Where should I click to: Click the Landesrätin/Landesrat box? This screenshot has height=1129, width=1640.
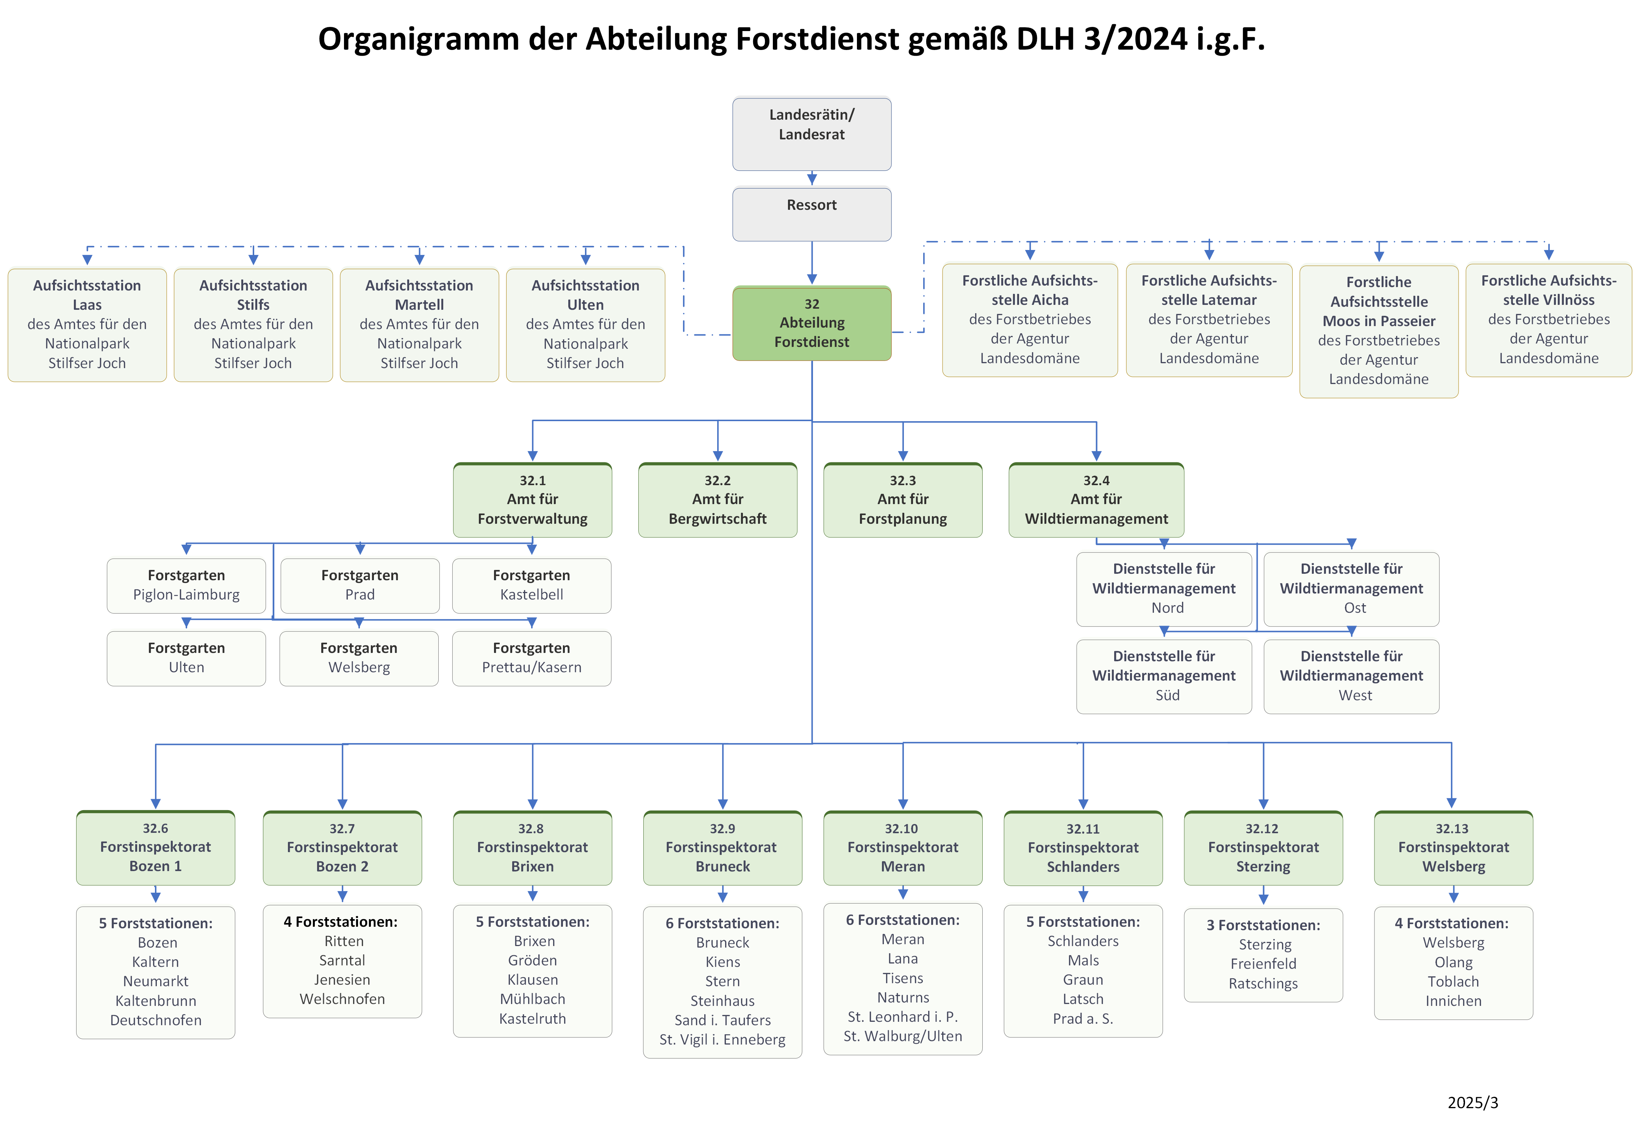click(811, 134)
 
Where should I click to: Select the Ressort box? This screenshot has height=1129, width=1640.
click(811, 214)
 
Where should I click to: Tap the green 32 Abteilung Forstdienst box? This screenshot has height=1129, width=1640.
click(811, 323)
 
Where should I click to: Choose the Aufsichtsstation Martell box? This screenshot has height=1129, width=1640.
click(419, 325)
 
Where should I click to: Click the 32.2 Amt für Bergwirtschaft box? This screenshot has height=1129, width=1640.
click(718, 500)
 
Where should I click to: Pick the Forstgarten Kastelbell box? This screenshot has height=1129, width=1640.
click(532, 585)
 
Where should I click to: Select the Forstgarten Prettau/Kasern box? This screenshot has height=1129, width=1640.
click(532, 658)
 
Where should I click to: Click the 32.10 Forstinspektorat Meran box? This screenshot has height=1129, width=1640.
click(903, 848)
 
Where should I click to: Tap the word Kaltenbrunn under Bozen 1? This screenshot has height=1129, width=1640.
click(156, 1000)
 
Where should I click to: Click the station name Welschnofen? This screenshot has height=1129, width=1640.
click(342, 999)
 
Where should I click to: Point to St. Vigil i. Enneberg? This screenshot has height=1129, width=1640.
click(722, 1039)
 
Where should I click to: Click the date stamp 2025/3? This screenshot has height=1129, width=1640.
click(1472, 1102)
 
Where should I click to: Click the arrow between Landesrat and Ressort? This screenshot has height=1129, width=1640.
click(811, 178)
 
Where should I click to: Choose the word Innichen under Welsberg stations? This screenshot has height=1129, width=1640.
click(1453, 1000)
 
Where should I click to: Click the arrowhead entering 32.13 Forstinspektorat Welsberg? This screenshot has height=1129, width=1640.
click(1451, 803)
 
